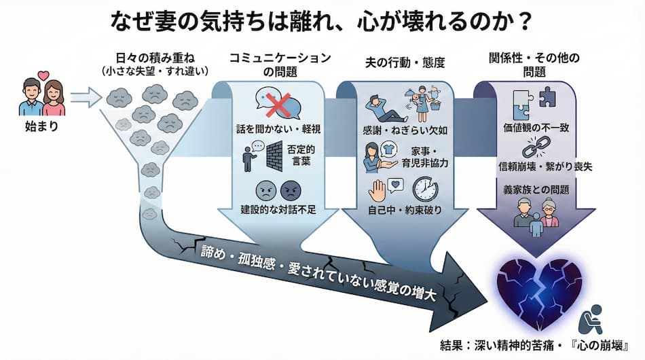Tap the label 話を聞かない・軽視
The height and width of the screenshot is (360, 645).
coord(278,128)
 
